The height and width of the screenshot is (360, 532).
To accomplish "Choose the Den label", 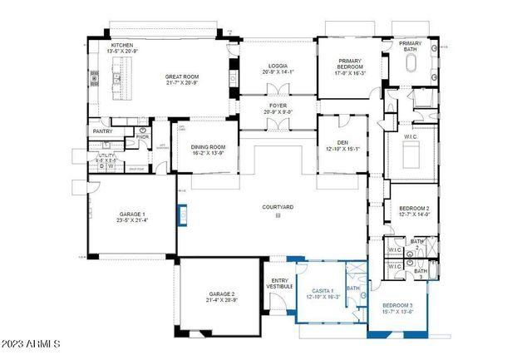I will click(336, 142).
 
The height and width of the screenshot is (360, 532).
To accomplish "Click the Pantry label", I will click(102, 131).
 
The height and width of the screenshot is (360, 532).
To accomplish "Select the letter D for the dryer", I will click(102, 165).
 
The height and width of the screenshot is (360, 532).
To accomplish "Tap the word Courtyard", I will click(278, 206).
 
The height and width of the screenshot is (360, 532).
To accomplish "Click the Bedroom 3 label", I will click(397, 306).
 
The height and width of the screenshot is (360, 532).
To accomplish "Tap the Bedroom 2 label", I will click(412, 208).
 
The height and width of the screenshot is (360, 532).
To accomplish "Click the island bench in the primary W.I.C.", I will click(411, 152).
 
